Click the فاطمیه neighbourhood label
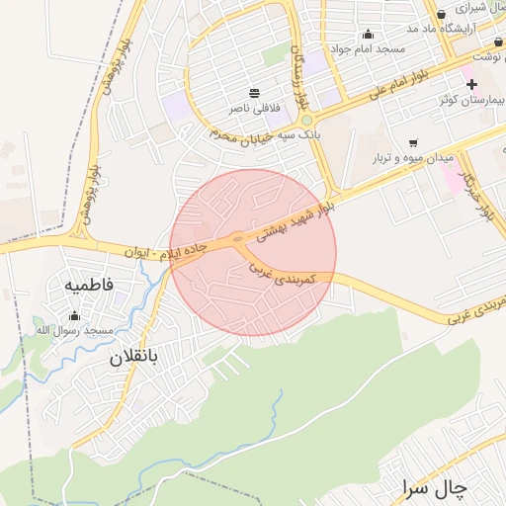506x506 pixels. click(89, 285)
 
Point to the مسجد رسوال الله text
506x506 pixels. click(76, 329)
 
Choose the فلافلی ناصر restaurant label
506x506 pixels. click(255, 105)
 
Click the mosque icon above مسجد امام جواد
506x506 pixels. click(369, 34)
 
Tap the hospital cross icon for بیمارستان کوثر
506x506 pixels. click(471, 85)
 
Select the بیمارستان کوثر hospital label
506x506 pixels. click(471, 101)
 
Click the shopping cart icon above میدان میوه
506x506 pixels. click(412, 142)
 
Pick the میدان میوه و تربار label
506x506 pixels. click(412, 157)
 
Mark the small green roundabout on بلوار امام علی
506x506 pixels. click(307, 121)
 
